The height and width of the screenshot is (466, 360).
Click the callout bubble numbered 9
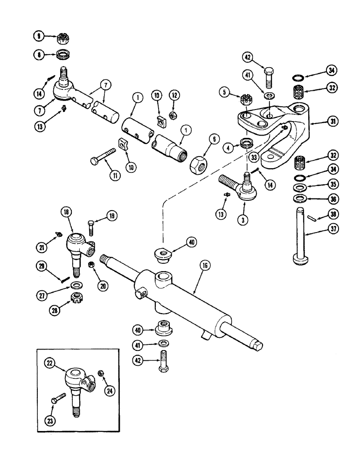point(38,35)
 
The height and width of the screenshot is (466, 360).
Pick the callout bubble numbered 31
point(332,121)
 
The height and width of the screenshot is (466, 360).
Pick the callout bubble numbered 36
point(332,199)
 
